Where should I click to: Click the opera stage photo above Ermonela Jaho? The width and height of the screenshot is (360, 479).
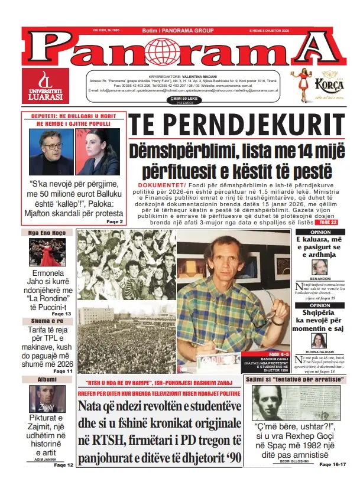pos(48,252)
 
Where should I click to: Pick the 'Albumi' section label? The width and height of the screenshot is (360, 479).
pos(47,379)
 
